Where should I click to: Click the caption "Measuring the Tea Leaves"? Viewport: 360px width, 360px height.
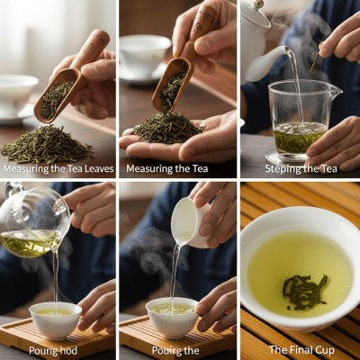[58, 168]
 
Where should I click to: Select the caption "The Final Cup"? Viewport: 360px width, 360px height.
[300, 350]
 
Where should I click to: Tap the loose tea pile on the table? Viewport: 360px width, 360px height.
[47, 144]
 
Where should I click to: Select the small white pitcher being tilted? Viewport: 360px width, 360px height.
[187, 220]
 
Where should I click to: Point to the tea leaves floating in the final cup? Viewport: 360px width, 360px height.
[303, 290]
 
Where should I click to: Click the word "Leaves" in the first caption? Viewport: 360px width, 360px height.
[97, 168]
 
